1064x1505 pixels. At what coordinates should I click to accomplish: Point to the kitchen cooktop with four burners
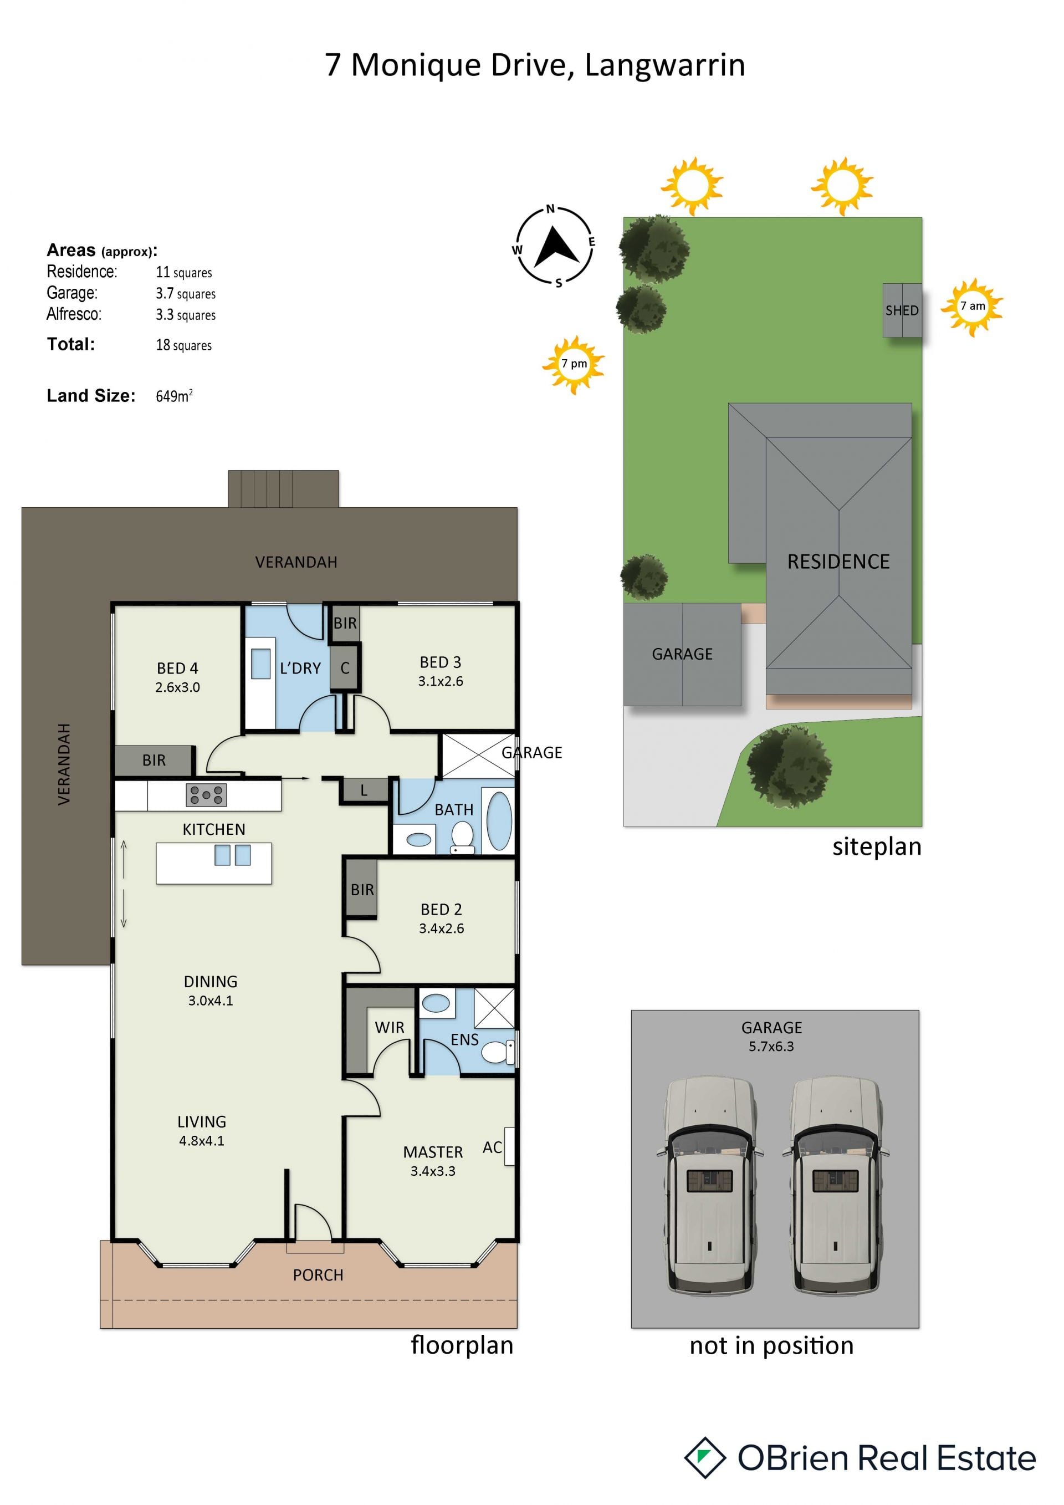206,794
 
